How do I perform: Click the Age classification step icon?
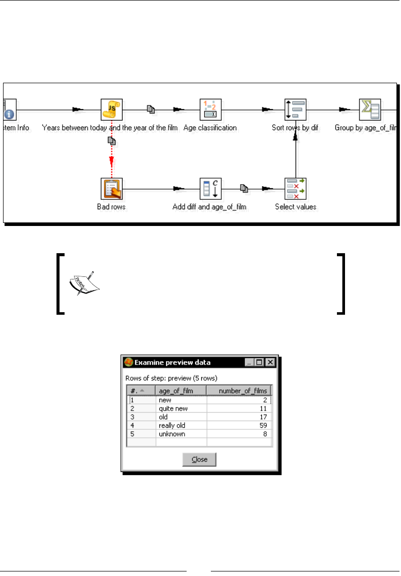click(211, 109)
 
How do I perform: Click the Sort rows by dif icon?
click(295, 109)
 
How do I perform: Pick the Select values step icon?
click(295, 189)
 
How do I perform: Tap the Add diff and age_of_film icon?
click(211, 189)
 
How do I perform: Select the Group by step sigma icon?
click(369, 109)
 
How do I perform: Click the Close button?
click(199, 459)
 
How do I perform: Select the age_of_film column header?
click(181, 390)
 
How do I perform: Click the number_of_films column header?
click(240, 390)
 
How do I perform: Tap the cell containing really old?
click(181, 425)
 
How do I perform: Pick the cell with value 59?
click(240, 425)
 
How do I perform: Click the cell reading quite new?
click(181, 408)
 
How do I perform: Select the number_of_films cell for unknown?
click(240, 434)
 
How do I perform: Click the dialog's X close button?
click(270, 363)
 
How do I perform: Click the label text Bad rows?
click(111, 207)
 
